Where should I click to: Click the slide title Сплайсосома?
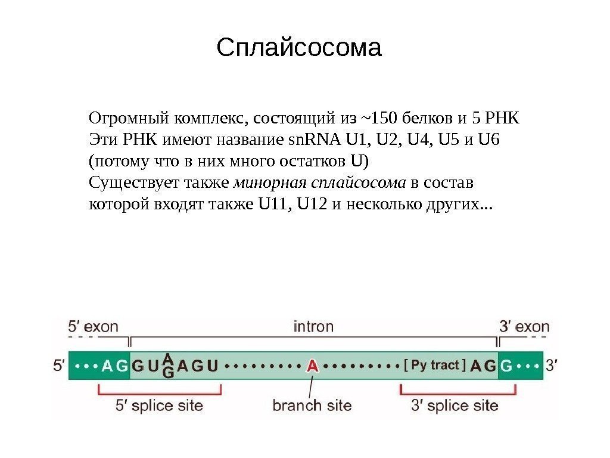(x=298, y=48)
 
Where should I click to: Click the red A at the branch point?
(x=312, y=366)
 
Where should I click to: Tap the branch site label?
(x=312, y=406)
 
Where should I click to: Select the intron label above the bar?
(x=313, y=327)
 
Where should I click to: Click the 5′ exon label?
(x=93, y=327)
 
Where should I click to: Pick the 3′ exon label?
(x=524, y=327)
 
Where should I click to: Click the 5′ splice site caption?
(x=158, y=406)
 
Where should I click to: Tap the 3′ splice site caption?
(x=455, y=406)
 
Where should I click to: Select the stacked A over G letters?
(x=168, y=366)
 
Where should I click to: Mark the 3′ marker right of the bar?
(x=553, y=366)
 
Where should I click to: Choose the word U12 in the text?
(x=312, y=205)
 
